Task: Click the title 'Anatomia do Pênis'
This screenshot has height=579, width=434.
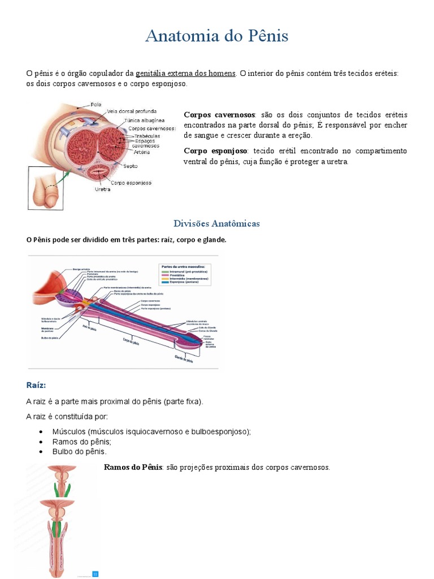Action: [217, 36]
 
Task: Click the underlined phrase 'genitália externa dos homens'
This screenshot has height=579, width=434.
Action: [185, 74]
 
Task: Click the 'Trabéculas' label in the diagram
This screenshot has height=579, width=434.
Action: [146, 136]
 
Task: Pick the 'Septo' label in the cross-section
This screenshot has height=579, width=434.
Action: [130, 166]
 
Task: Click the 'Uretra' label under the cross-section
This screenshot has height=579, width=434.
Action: [102, 189]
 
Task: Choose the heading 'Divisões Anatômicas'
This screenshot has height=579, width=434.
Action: [217, 223]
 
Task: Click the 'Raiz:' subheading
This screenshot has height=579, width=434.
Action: [36, 385]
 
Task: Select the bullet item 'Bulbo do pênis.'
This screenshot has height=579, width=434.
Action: [80, 452]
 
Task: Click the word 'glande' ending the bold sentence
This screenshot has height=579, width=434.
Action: [214, 240]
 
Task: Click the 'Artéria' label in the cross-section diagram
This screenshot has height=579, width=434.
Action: [142, 152]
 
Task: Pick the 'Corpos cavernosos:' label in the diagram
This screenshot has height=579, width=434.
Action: [152, 128]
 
